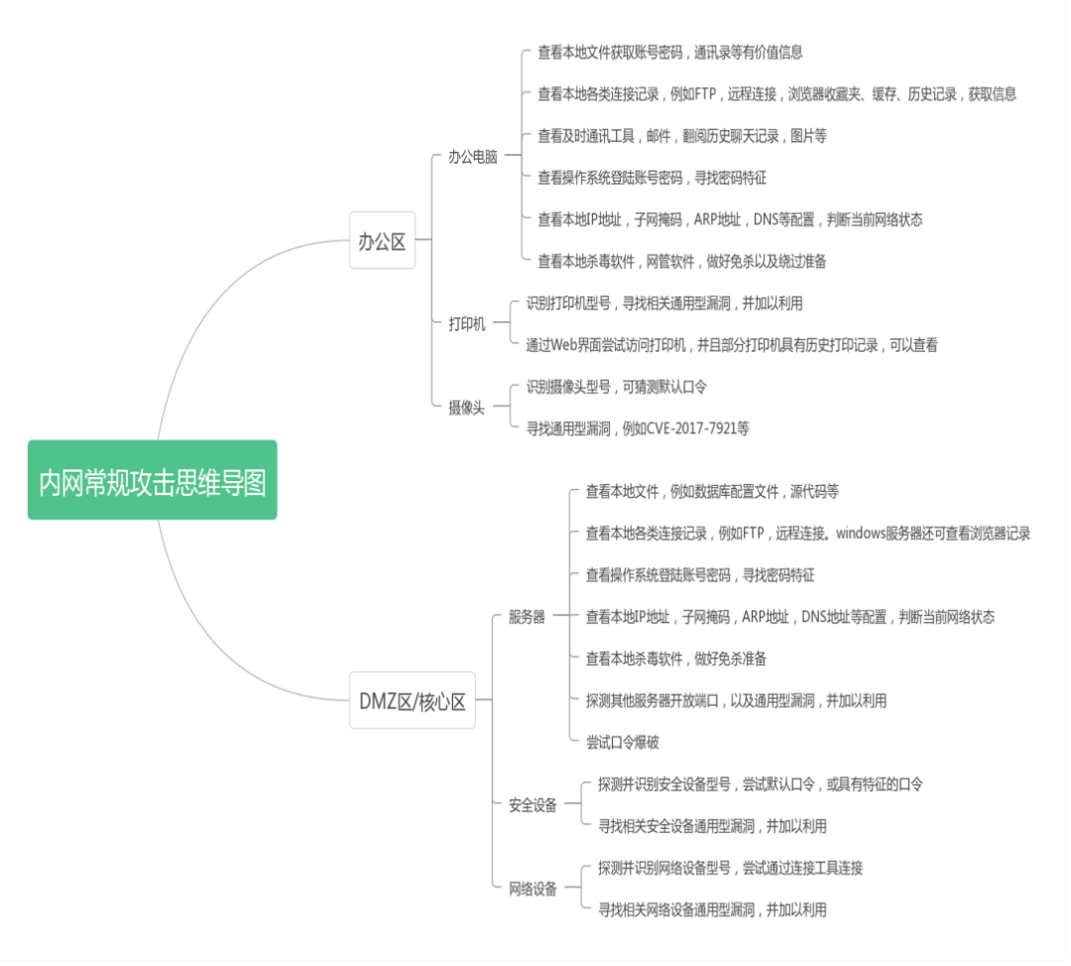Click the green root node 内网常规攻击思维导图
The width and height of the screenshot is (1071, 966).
coord(152,480)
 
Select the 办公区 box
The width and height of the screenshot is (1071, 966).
coord(382,240)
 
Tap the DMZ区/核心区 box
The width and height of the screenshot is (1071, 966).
coord(412,700)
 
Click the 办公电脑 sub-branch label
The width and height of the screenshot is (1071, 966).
coord(472,157)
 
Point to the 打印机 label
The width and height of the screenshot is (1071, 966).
coord(467,323)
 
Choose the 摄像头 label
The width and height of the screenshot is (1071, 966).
coord(467,407)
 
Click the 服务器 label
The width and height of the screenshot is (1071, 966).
coord(527,617)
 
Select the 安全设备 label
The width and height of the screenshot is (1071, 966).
coord(533,805)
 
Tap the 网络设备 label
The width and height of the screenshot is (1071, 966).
coord(533,889)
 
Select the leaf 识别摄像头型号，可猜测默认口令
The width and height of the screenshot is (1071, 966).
coord(616,387)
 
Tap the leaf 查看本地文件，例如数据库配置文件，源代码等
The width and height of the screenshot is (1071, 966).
coord(712,492)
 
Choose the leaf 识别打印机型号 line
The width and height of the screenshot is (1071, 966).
coord(663,303)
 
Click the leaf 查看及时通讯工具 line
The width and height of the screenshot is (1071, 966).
coord(681,136)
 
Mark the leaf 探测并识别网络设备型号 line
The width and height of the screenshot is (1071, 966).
coord(730,868)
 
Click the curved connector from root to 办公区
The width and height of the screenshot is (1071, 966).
coord(213,298)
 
